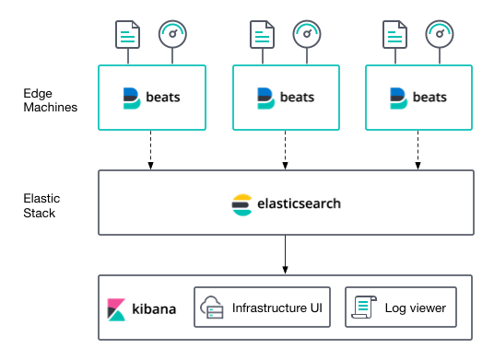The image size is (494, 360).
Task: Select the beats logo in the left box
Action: pos(130,98)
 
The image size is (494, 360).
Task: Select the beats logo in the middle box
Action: pos(264,98)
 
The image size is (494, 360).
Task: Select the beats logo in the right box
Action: pos(397,98)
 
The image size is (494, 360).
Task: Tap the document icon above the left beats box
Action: pos(127,36)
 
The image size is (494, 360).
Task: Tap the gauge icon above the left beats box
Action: pos(171,35)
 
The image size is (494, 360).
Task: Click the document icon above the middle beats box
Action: pos(261,36)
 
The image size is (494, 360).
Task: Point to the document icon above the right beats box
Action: pos(394,36)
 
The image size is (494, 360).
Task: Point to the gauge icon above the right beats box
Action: pos(439,35)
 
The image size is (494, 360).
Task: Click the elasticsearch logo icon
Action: pos(241,203)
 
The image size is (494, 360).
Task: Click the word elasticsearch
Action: pos(298,203)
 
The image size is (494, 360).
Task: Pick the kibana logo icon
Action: pos(116,308)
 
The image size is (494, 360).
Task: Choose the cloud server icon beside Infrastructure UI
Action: pos(213,308)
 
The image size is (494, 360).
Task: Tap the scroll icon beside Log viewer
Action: pos(362,308)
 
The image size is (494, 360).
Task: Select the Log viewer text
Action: pos(415,308)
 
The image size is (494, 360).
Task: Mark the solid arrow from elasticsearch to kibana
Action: pos(286,254)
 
